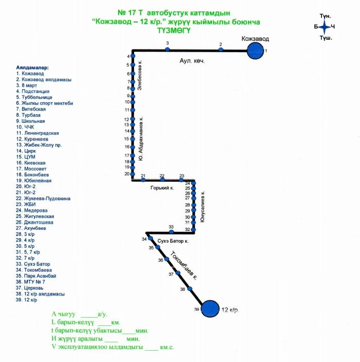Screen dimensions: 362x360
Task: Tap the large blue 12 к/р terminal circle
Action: tap(209, 309)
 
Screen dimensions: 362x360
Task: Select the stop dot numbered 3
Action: tap(167, 50)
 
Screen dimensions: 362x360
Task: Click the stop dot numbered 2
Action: tap(221, 50)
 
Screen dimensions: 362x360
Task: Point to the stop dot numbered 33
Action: tap(171, 232)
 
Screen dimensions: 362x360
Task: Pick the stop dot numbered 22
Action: tap(162, 180)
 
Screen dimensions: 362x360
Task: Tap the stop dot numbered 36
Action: tap(167, 259)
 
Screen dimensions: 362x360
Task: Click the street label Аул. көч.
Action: tap(192, 61)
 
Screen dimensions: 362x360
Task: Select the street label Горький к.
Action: tap(161, 188)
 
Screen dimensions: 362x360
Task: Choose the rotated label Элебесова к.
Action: tap(140, 76)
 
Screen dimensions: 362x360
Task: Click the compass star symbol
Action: tap(324, 27)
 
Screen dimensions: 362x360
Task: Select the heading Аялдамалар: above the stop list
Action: tap(32, 68)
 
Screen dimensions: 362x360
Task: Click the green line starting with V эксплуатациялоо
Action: tap(113, 348)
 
